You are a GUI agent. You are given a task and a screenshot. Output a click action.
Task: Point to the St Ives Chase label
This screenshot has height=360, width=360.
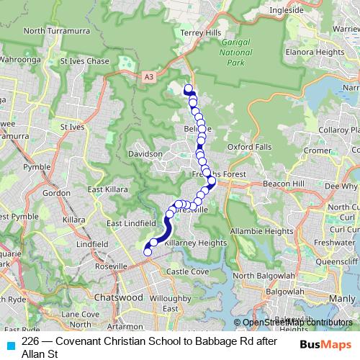click(x=84, y=61)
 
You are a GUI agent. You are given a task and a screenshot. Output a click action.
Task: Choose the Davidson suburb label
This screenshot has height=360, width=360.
click(x=145, y=154)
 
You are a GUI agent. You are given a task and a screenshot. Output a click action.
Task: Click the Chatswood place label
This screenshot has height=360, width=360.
click(x=118, y=297)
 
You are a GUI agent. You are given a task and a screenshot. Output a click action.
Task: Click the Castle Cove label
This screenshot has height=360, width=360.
click(x=188, y=271)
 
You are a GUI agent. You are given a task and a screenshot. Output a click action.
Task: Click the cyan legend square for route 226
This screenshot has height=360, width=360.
click(x=10, y=345)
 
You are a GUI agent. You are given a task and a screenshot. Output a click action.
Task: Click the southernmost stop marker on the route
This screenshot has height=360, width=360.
click(x=148, y=252)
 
